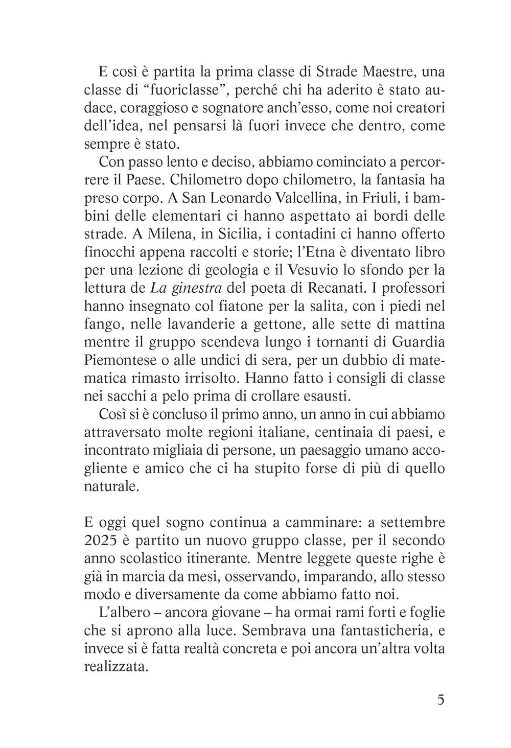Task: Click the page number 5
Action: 440,699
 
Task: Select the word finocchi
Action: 108,252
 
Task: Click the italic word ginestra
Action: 196,288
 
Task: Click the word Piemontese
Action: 120,360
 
